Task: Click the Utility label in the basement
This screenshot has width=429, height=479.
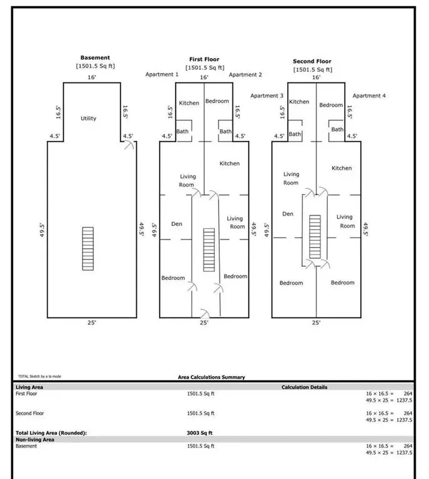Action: click(x=89, y=118)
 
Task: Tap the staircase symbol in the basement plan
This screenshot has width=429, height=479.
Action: click(x=89, y=248)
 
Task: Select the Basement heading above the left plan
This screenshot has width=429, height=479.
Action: click(x=95, y=58)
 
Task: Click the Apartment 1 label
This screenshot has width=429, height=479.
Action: click(x=162, y=74)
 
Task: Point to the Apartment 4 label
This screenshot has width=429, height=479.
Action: click(x=369, y=95)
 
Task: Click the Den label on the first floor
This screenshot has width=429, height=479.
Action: click(x=177, y=223)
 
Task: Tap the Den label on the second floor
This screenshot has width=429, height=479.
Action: click(x=288, y=213)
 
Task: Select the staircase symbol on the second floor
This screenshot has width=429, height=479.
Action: click(x=315, y=236)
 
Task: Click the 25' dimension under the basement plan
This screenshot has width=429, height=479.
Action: click(x=92, y=323)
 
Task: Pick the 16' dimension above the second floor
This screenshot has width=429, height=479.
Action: click(x=317, y=77)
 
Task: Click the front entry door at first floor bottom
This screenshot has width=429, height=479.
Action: click(x=204, y=312)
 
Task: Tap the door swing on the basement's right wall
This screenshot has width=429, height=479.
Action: click(x=129, y=145)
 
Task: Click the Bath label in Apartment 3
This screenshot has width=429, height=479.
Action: click(x=295, y=133)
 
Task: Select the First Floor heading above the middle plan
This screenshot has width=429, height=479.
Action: click(x=204, y=59)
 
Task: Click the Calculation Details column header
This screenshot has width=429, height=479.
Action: click(x=304, y=387)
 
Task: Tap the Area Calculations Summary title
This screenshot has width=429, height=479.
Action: click(x=212, y=377)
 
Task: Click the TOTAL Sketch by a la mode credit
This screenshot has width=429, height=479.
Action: click(x=40, y=377)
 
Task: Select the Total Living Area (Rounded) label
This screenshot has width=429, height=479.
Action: click(x=51, y=432)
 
